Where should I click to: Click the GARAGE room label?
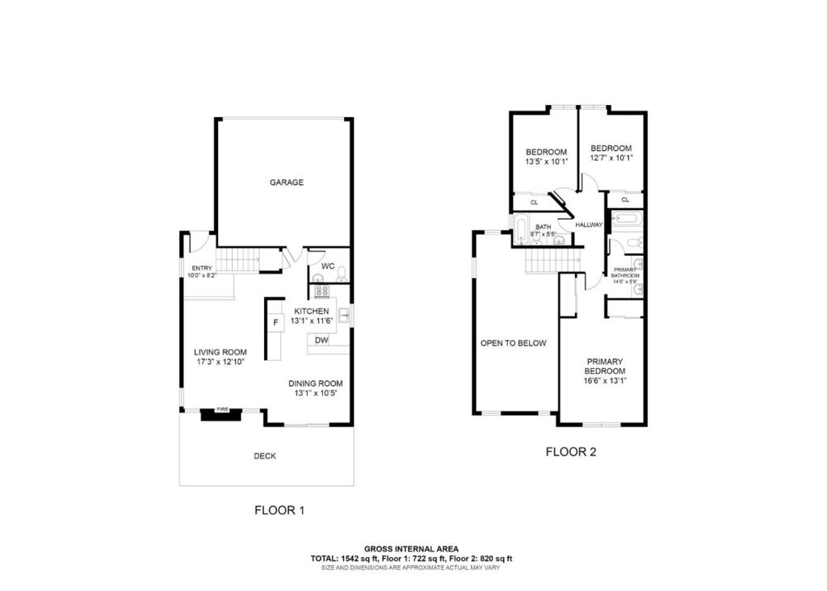point(287,182)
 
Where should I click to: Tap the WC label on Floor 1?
point(328,266)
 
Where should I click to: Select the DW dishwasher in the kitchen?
point(321,341)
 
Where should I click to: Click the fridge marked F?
point(275,323)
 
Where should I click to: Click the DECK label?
point(265,456)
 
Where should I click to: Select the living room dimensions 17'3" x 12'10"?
point(220,363)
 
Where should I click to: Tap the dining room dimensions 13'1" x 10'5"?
point(318,394)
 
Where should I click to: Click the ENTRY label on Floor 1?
point(201,268)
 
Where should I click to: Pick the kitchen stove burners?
point(321,291)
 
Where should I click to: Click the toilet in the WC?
point(341,273)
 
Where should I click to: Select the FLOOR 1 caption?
point(279,510)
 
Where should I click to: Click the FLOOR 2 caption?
point(570,452)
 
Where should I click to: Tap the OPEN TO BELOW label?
point(514,343)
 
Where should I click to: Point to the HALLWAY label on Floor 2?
point(589,224)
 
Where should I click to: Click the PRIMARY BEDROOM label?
point(605,367)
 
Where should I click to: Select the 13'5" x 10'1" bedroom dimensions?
point(547,161)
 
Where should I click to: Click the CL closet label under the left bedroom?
point(534,202)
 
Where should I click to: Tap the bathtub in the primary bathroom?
point(627,219)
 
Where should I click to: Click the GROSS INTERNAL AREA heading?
point(411,548)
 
